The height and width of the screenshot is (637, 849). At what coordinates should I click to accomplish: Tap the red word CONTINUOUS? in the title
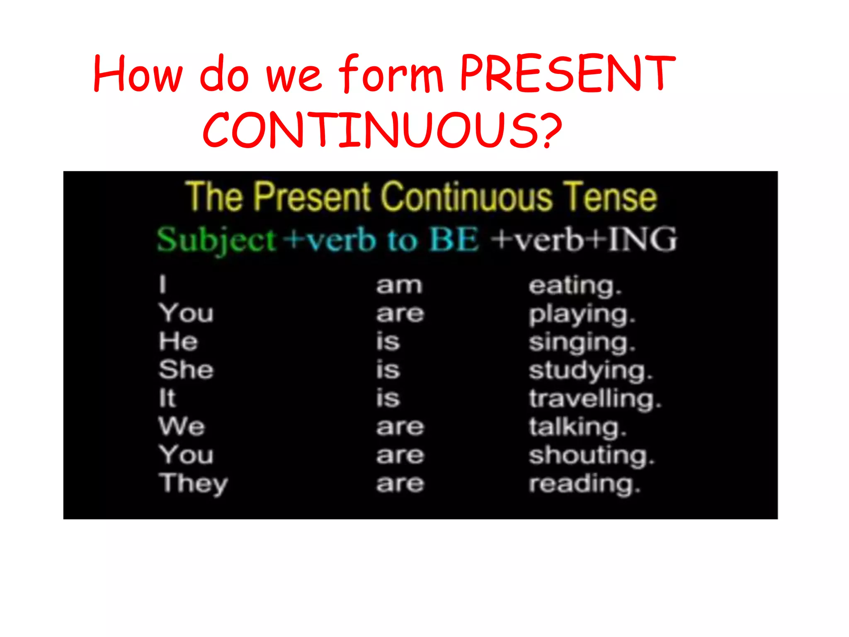tap(382, 129)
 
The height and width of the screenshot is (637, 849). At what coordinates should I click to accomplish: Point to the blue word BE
tap(454, 240)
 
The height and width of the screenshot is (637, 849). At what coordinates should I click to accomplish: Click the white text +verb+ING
tap(584, 240)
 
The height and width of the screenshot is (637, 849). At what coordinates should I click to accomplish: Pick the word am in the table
tap(399, 285)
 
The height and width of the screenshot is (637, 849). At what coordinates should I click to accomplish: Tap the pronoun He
tap(178, 342)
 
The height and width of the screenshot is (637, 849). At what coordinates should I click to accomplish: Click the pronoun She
tap(186, 370)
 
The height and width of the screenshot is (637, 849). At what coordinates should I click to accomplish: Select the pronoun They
tap(193, 484)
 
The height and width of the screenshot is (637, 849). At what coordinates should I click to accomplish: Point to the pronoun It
tap(167, 398)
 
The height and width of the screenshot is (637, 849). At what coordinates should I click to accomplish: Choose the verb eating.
tap(575, 286)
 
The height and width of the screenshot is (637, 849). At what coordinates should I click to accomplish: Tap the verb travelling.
tap(595, 399)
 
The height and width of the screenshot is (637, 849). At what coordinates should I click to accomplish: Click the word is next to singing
tap(388, 342)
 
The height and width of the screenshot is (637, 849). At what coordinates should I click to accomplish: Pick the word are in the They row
tap(400, 484)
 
